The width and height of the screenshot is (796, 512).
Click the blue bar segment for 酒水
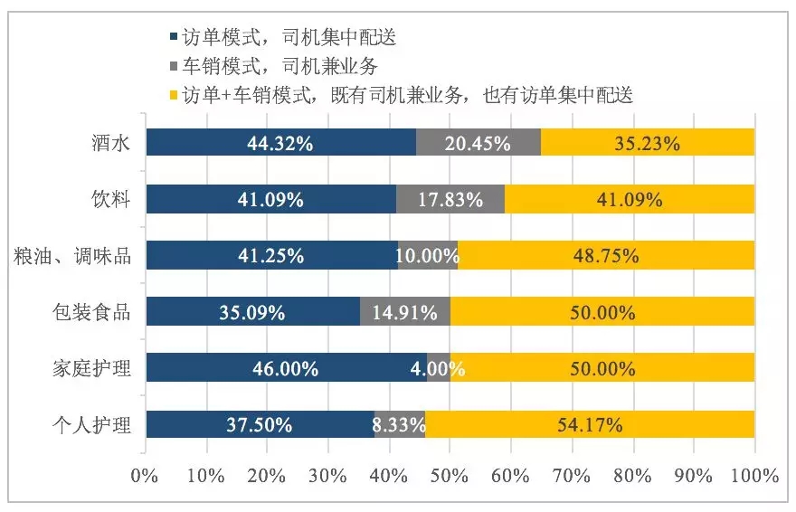coord(280,143)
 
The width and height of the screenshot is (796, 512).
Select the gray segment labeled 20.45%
coord(479,143)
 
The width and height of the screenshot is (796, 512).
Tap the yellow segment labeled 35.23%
coord(648,143)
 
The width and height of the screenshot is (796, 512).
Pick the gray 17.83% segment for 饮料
coord(450,200)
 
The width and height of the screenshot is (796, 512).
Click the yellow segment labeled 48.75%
coord(606,256)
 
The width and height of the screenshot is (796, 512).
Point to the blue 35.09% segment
coord(252,312)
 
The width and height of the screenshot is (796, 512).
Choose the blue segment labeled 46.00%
coord(286,368)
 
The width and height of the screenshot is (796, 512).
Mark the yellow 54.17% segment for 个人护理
coord(590,424)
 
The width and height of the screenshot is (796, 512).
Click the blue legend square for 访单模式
coord(173,38)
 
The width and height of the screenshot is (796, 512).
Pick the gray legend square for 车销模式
coord(173,66)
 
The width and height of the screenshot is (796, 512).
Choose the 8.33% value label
coord(399,425)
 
